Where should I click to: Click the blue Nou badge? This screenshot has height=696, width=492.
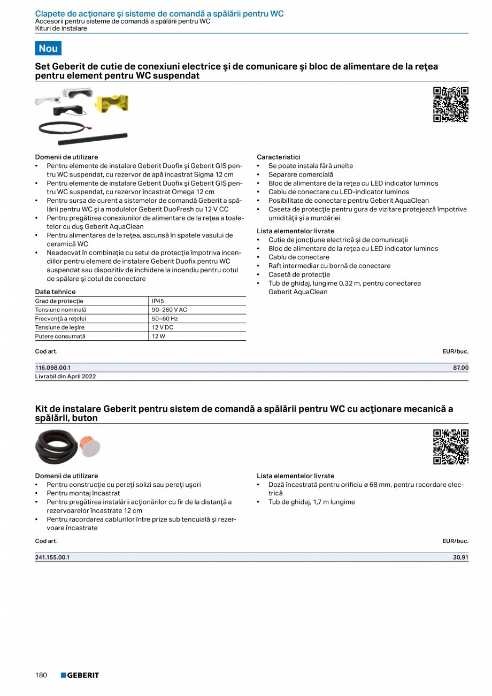48,48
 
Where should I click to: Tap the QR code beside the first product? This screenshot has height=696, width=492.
450,104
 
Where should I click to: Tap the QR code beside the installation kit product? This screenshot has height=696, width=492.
450,447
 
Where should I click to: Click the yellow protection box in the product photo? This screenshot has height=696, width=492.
111,103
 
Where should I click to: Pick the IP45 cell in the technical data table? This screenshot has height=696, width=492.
158,301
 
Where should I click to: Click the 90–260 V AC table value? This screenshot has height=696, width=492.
169,310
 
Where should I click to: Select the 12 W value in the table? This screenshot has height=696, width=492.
158,336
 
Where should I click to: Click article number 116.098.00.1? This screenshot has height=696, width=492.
53,368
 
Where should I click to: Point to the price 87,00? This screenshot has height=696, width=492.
460,368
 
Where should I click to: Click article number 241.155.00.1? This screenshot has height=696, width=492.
52,557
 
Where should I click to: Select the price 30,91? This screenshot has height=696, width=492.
460,557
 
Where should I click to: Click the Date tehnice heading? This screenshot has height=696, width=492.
55,292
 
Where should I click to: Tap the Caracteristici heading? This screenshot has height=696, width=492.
278,157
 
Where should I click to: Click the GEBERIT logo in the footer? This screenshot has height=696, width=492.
80,675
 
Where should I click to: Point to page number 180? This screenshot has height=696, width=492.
41,675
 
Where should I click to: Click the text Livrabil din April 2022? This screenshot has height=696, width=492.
65,376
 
